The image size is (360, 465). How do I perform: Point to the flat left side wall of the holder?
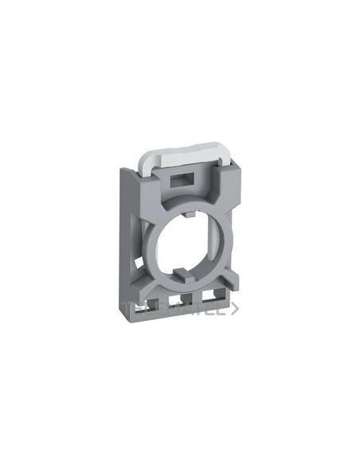coord(130,239)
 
